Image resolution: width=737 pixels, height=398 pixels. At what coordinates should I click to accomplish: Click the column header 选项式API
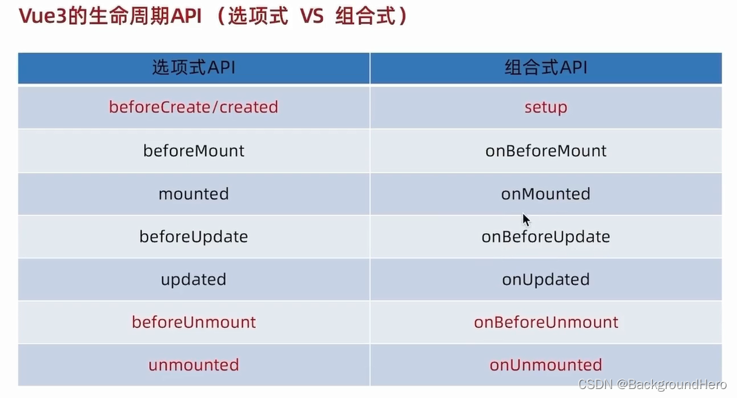click(x=194, y=68)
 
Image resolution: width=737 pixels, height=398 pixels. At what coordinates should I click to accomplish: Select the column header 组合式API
click(x=546, y=68)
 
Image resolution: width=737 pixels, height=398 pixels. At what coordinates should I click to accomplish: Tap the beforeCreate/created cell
click(x=194, y=107)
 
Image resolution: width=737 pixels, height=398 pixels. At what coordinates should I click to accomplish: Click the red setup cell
click(x=546, y=108)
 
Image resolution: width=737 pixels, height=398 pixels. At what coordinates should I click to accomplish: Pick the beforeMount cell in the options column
click(x=194, y=151)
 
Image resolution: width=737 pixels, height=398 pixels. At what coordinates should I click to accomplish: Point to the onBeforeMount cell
click(x=546, y=151)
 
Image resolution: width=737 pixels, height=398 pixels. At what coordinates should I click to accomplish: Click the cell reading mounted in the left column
click(x=194, y=194)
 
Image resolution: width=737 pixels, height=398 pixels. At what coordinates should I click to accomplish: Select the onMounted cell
click(x=546, y=194)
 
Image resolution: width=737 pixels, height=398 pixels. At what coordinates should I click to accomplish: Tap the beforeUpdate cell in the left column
click(x=194, y=237)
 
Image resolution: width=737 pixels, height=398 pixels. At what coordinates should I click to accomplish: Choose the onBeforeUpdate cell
click(x=546, y=237)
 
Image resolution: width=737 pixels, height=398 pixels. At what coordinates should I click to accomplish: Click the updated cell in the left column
click(x=194, y=279)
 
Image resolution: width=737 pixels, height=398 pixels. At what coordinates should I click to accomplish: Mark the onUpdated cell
click(x=546, y=279)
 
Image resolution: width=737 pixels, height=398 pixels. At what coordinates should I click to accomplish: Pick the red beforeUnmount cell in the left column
click(x=194, y=322)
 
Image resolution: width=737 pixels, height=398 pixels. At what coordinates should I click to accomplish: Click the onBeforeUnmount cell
click(x=546, y=322)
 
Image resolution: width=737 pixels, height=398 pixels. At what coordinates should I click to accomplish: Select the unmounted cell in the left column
click(x=194, y=365)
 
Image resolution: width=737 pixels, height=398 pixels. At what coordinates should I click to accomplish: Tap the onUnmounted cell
click(x=546, y=365)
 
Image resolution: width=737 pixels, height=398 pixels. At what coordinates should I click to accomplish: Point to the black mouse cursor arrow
click(x=526, y=220)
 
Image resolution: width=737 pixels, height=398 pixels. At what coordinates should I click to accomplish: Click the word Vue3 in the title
click(x=43, y=16)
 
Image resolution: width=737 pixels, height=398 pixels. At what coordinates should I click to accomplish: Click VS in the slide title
click(x=312, y=17)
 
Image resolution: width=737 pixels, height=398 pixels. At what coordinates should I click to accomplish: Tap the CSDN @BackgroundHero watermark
click(x=652, y=384)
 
